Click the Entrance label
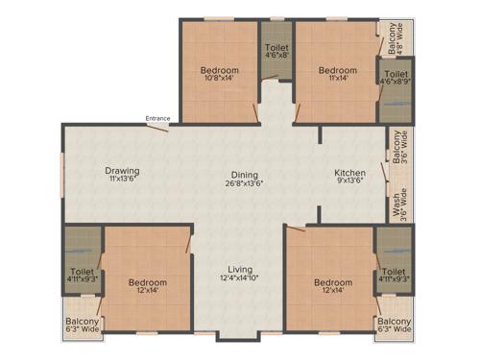tap(158, 118)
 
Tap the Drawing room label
tap(123, 171)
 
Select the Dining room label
tap(244, 173)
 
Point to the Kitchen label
tap(349, 173)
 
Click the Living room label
tap(240, 269)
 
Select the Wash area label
tap(396, 204)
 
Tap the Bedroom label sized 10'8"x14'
tap(220, 70)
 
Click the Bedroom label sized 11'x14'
tap(337, 70)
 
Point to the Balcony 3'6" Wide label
tap(396, 148)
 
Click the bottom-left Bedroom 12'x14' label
tap(148, 282)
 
